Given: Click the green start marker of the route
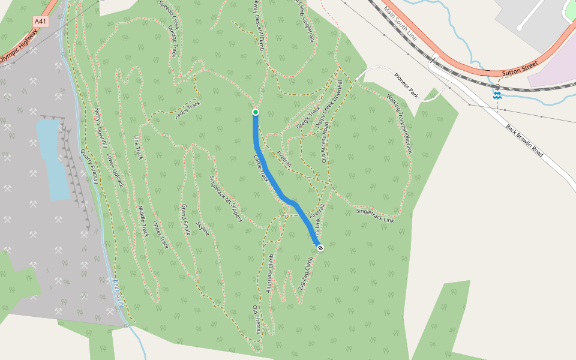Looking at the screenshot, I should click(256, 112).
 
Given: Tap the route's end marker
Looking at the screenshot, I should click(320, 247).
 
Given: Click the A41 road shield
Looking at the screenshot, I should click(40, 22).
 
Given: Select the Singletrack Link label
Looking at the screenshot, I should click(375, 216).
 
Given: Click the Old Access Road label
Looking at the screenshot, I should click(325, 141).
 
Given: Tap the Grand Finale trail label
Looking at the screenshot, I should click(187, 219).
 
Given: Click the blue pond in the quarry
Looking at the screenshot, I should click(53, 159).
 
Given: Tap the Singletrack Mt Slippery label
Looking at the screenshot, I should click(226, 199).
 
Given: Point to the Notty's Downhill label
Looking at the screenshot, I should click(100, 127).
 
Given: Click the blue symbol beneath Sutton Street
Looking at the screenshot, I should click(497, 95).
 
